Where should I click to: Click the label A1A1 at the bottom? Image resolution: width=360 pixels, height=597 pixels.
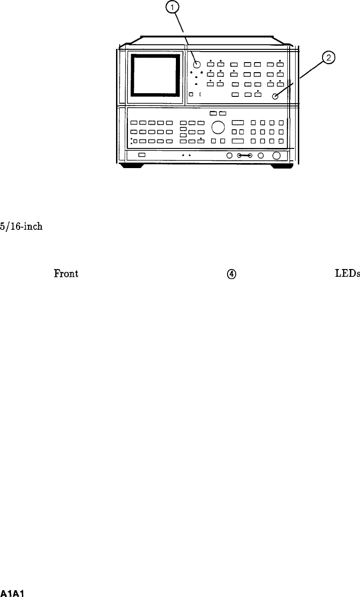click(12, 593)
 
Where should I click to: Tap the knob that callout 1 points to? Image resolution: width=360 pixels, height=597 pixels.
click(196, 64)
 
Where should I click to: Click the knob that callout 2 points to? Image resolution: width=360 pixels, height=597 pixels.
click(275, 96)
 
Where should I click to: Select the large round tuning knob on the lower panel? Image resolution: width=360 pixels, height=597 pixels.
click(218, 127)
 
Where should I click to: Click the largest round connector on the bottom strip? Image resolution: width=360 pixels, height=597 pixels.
click(276, 156)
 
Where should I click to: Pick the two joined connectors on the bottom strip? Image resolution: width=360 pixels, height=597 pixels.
click(244, 156)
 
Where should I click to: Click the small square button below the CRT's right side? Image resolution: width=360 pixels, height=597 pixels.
click(191, 95)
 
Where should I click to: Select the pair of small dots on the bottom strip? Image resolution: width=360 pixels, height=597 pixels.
click(186, 155)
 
